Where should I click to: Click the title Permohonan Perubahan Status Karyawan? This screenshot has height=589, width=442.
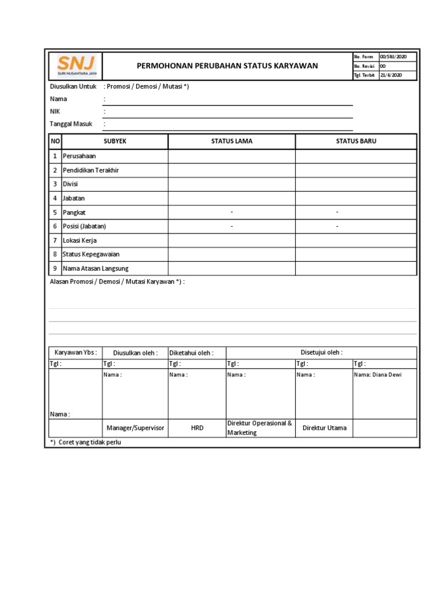(x=227, y=66)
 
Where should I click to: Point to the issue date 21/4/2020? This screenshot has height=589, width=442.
(x=391, y=75)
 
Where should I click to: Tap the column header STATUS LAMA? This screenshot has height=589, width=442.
(x=231, y=141)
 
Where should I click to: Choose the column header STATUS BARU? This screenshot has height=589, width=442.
(x=356, y=141)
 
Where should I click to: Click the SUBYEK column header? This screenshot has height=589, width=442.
(x=115, y=141)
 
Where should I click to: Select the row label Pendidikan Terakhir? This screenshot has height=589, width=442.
(x=90, y=170)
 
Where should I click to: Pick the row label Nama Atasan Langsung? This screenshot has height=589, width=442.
(x=96, y=269)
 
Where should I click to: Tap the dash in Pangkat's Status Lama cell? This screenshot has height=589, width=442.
(x=231, y=212)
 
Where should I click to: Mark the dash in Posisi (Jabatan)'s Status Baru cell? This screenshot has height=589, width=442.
(x=337, y=227)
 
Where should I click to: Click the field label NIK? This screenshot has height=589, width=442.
(x=55, y=112)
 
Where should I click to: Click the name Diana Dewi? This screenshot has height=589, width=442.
(x=378, y=374)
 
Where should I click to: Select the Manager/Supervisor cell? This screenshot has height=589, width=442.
(x=135, y=428)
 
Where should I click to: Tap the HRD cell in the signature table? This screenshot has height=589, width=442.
(x=197, y=428)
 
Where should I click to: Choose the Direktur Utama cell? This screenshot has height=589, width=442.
(x=325, y=428)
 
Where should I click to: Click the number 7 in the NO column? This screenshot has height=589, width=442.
(x=55, y=240)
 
